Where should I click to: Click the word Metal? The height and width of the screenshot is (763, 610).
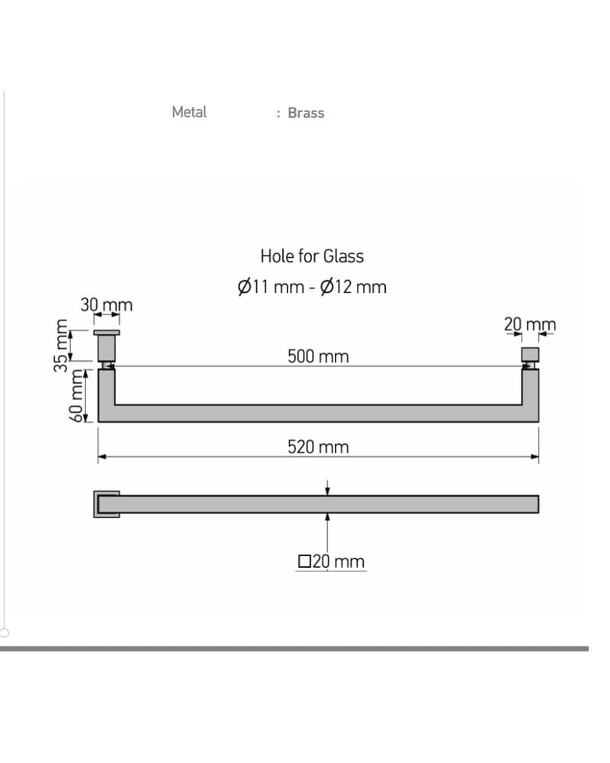(x=189, y=112)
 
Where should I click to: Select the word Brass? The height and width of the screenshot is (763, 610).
(x=306, y=112)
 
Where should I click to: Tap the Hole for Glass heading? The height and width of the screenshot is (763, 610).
(x=312, y=256)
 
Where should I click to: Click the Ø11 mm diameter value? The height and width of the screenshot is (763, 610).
(x=271, y=287)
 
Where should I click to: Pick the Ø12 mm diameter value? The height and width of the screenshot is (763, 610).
(x=353, y=287)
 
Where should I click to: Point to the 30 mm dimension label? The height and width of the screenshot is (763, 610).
(x=107, y=305)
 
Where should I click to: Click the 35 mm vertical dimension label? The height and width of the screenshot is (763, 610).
(x=61, y=346)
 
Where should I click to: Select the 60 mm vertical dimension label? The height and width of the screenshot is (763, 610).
(x=77, y=395)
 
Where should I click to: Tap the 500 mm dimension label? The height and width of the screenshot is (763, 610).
(x=318, y=356)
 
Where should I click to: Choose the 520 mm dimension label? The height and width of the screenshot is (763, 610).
(x=318, y=446)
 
